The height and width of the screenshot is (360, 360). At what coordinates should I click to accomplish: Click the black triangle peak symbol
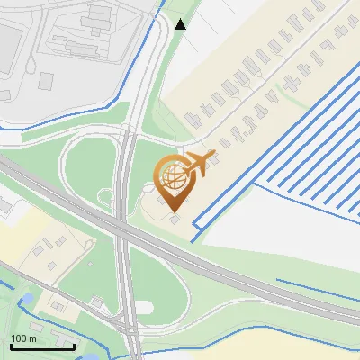click(x=181, y=23)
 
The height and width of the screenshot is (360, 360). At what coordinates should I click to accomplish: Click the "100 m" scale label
click(x=23, y=338)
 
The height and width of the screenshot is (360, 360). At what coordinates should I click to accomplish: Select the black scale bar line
click(x=42, y=346)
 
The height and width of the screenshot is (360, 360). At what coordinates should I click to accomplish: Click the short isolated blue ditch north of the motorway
click(x=315, y=290)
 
